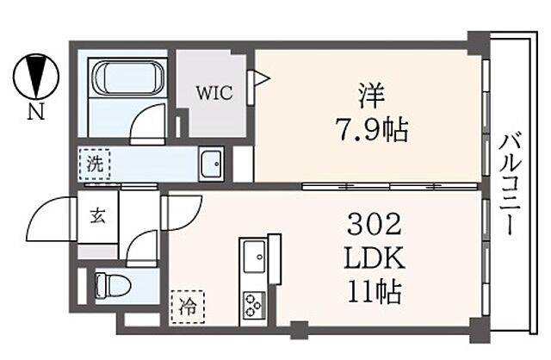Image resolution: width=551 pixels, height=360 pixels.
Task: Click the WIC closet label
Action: coord(216,94)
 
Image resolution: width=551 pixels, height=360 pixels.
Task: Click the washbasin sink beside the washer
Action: coord(211,164)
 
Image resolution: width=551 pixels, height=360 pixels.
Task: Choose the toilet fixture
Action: coord(110,283)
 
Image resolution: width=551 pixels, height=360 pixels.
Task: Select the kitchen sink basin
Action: coord(255,256)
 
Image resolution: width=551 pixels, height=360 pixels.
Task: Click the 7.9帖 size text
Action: coord(371,133)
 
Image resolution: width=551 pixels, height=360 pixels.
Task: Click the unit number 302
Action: coord(374,227)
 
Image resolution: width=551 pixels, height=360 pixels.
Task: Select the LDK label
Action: coord(374,259)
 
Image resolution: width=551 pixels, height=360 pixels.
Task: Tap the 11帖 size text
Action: coord(374,292)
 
